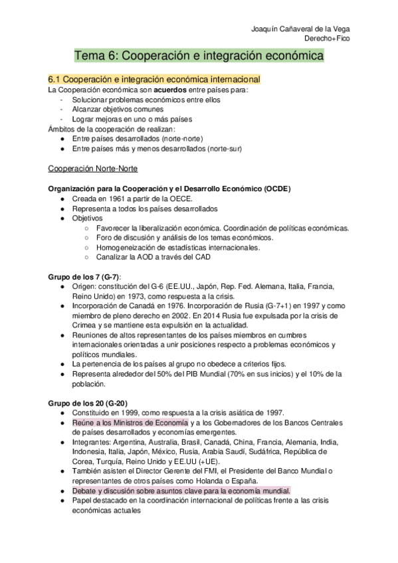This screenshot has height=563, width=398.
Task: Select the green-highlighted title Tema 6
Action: pos(199,57)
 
